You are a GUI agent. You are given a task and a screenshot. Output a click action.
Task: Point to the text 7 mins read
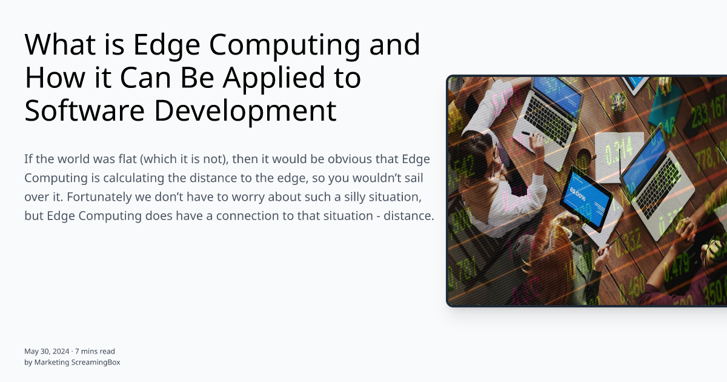pyautogui.click(x=95, y=351)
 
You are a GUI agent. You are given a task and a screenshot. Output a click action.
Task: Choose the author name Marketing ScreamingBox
pyautogui.click(x=76, y=362)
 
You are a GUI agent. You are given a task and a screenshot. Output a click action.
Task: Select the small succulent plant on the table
pyautogui.click(x=618, y=101)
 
